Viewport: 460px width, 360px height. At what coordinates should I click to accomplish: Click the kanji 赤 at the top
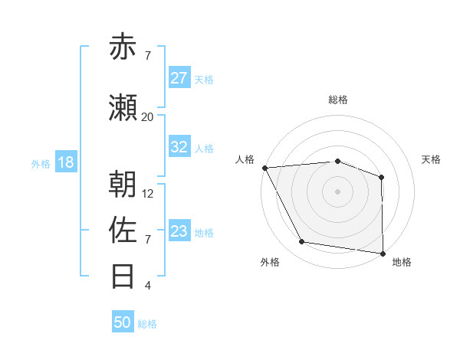tap(123, 47)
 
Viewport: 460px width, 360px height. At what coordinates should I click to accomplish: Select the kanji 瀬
tap(123, 109)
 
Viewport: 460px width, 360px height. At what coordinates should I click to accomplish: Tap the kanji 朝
tap(123, 185)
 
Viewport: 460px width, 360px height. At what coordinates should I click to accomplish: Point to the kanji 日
tap(123, 275)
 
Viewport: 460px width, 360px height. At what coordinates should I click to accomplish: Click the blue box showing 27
tap(179, 78)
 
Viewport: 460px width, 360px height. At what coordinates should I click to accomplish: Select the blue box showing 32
tap(179, 147)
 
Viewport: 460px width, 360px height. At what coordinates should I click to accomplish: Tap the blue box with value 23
tap(179, 231)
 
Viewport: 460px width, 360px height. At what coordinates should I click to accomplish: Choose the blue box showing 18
tap(65, 162)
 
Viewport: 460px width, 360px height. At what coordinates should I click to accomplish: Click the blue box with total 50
tap(123, 322)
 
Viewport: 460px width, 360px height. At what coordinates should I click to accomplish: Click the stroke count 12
tap(148, 194)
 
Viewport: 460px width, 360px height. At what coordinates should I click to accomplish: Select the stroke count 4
tap(148, 286)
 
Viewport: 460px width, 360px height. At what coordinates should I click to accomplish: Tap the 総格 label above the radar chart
tap(337, 100)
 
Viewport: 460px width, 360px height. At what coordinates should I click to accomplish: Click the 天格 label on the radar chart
tap(432, 159)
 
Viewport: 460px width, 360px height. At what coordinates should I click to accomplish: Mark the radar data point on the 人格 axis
tap(264, 168)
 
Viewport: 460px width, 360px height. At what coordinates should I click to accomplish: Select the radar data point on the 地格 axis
tap(383, 253)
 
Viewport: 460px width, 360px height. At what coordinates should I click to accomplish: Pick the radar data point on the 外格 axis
tap(302, 242)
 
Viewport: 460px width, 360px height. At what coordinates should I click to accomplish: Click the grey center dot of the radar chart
tap(337, 191)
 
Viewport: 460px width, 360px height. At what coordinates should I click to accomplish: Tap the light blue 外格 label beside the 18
tap(41, 163)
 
